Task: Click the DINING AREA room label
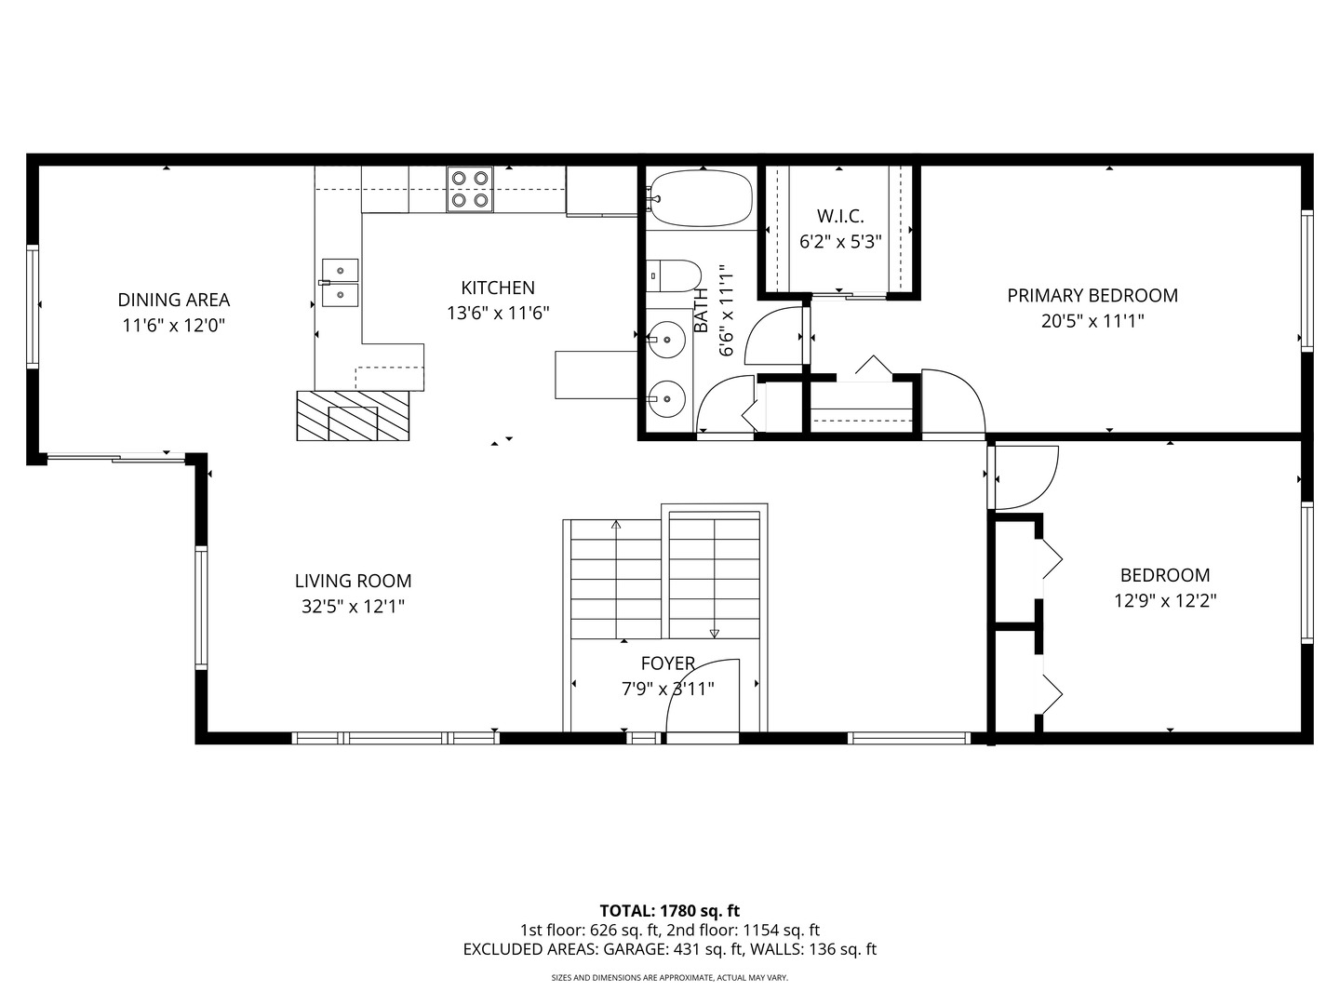tap(173, 300)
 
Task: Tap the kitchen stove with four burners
tap(469, 189)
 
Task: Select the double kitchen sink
tap(340, 282)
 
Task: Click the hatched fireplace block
tap(353, 416)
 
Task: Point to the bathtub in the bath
tap(702, 199)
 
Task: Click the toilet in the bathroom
tap(674, 275)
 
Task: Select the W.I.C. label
tap(840, 217)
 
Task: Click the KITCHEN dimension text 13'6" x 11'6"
tap(498, 314)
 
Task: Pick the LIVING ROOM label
tap(353, 582)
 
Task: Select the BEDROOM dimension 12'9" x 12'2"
tap(1165, 601)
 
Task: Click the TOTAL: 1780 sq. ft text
tap(669, 910)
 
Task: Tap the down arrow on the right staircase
tap(714, 633)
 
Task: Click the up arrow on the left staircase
tap(616, 525)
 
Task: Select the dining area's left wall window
tap(33, 306)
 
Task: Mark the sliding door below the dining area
tap(115, 457)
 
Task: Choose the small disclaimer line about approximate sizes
tap(669, 978)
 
